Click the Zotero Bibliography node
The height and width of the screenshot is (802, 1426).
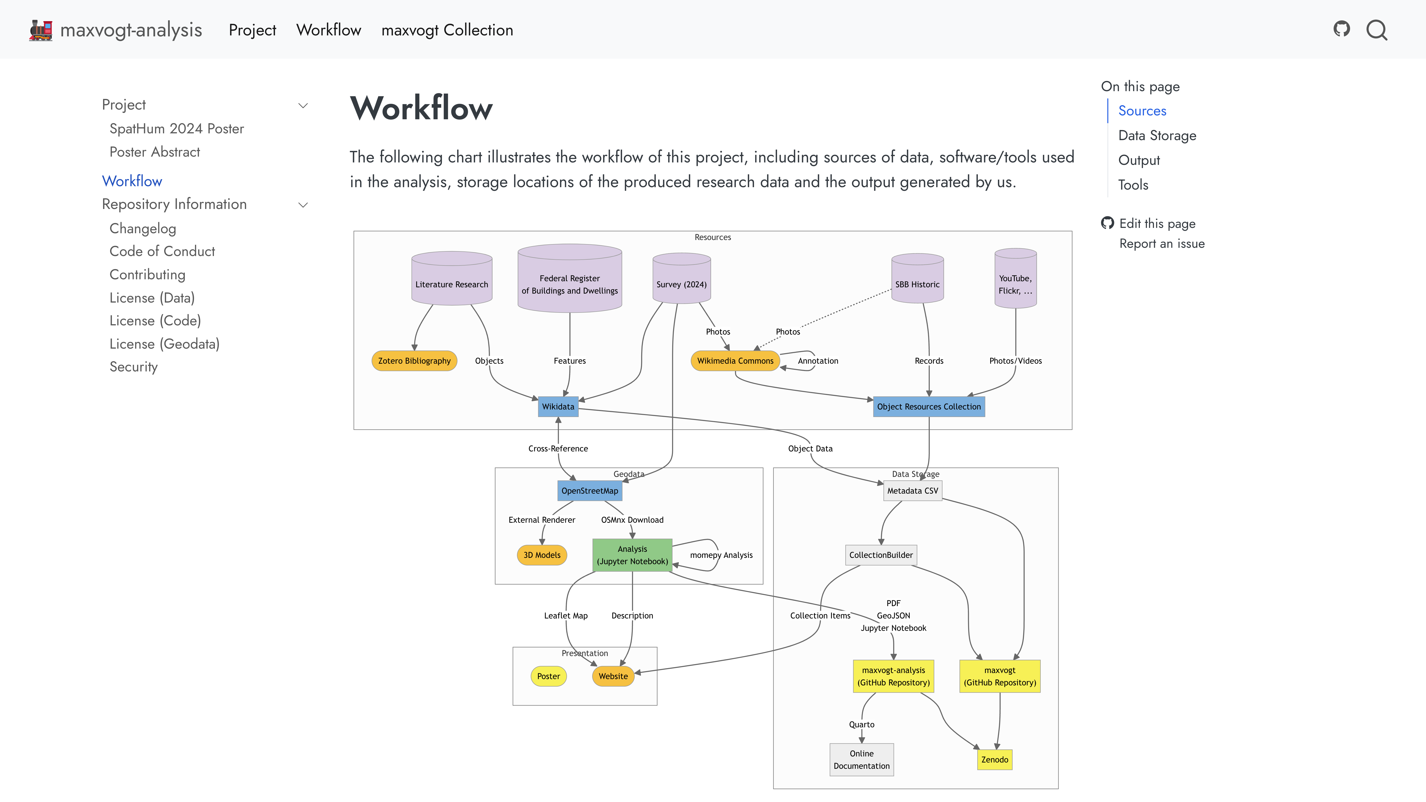[x=414, y=361]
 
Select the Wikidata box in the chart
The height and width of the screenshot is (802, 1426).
[x=558, y=407]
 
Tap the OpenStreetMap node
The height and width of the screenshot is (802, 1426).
[x=590, y=491]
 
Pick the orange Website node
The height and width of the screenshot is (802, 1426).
[x=613, y=676]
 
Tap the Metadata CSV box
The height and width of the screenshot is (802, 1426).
[x=912, y=491]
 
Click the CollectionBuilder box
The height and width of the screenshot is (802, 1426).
[x=881, y=555]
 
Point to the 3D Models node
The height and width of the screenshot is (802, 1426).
[x=542, y=555]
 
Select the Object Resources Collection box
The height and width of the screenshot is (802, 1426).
[x=928, y=407]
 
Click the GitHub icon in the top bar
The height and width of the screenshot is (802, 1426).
[x=1341, y=29]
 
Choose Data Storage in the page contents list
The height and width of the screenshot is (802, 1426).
[x=1157, y=136]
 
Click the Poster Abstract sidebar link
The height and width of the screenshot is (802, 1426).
[x=154, y=152]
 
